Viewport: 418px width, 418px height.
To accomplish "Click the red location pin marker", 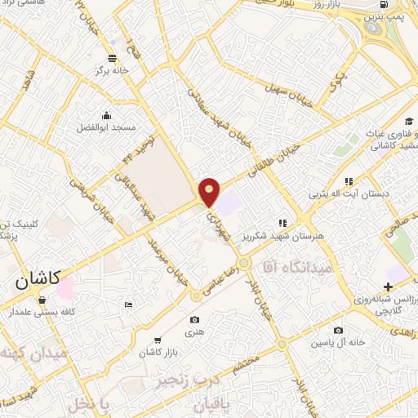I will (x=210, y=191).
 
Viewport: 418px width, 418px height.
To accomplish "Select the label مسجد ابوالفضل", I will (x=107, y=128).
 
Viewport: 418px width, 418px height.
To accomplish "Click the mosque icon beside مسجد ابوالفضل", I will (x=106, y=114).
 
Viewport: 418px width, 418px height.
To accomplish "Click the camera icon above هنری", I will (x=194, y=319).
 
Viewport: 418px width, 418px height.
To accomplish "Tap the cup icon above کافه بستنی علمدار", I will (x=41, y=300).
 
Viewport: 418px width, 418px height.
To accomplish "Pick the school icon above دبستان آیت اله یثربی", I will (x=349, y=181).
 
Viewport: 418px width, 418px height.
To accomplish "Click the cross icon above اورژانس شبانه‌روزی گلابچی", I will (x=389, y=287).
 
